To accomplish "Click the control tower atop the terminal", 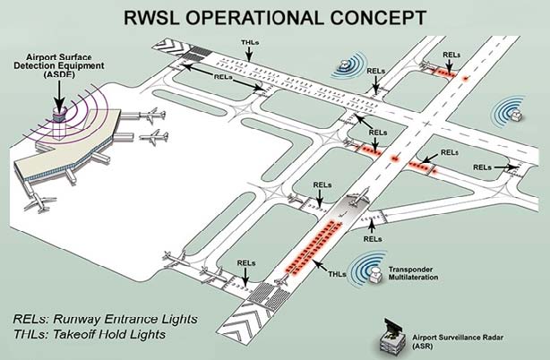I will coord(60,114).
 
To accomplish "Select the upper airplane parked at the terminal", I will coord(155,116).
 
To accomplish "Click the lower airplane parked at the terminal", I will coord(155,137).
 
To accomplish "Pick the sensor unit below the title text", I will coord(346,64).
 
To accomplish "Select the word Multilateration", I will coord(417,278).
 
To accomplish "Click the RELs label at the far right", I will coord(481,167).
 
